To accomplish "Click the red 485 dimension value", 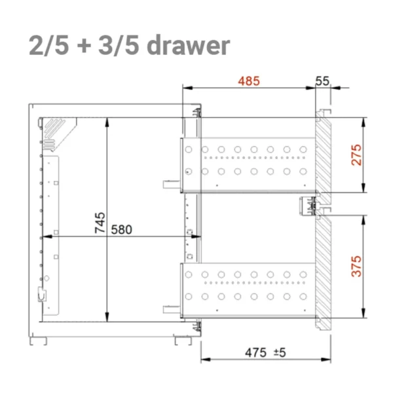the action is [249, 81].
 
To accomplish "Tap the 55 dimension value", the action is [322, 81].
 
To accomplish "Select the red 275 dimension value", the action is [356, 155].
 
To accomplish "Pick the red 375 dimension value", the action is [356, 266].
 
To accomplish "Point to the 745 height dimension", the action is [100, 223].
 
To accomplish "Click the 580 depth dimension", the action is [122, 230].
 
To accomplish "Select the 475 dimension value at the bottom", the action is [255, 352].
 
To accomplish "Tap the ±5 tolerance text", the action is [280, 352].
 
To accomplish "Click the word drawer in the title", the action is [188, 45].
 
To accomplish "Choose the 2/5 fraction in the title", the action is [49, 46].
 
